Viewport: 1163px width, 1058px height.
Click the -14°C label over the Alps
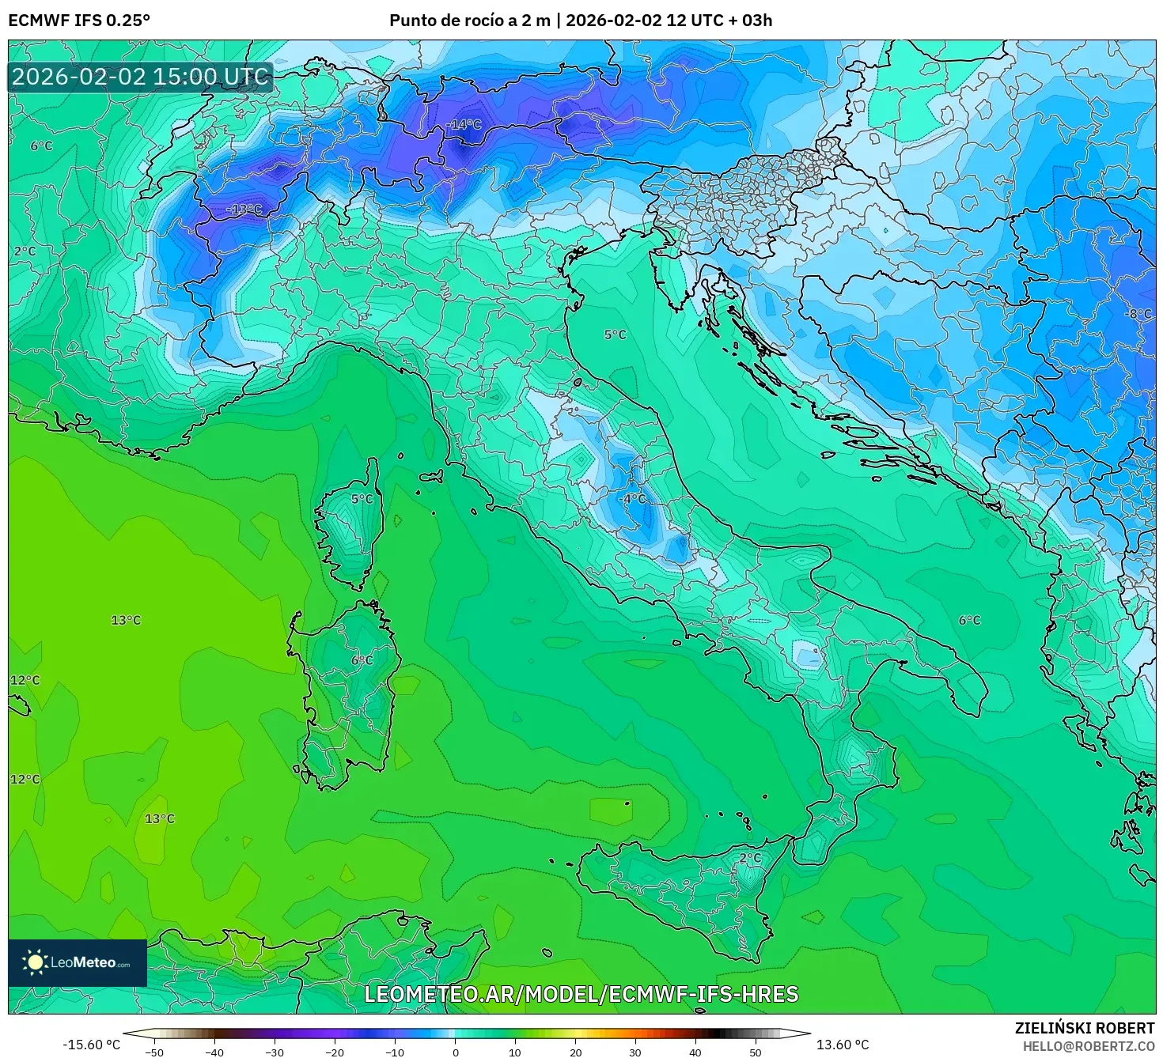pyautogui.click(x=464, y=124)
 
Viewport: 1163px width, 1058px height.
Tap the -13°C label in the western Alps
pyautogui.click(x=244, y=209)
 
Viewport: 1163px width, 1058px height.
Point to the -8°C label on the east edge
pyautogui.click(x=1138, y=313)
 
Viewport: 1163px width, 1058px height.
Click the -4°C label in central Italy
pyautogui.click(x=634, y=498)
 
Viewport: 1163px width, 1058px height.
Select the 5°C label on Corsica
pyautogui.click(x=362, y=498)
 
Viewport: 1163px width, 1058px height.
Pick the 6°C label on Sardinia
pyautogui.click(x=362, y=659)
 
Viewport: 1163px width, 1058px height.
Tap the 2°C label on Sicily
pyautogui.click(x=749, y=857)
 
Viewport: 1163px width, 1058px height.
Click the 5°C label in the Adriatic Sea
pyautogui.click(x=615, y=334)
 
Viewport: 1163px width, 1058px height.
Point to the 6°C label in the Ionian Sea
pyautogui.click(x=969, y=620)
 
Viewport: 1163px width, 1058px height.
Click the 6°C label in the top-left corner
pyautogui.click(x=41, y=145)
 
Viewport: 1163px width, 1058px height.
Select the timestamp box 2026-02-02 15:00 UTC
pyautogui.click(x=141, y=77)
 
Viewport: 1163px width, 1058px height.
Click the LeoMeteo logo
pyautogui.click(x=78, y=962)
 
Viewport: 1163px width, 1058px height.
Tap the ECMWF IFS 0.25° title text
pyautogui.click(x=78, y=21)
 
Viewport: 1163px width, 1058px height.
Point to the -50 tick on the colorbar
pyautogui.click(x=154, y=1052)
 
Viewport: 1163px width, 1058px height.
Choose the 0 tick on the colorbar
pyautogui.click(x=455, y=1052)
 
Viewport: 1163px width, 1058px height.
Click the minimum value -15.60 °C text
pyautogui.click(x=92, y=1045)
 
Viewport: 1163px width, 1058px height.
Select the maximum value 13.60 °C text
pyautogui.click(x=843, y=1045)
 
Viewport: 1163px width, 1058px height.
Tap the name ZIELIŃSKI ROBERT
pyautogui.click(x=1085, y=1028)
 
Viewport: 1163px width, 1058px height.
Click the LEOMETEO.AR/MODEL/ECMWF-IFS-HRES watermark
pyautogui.click(x=581, y=994)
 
